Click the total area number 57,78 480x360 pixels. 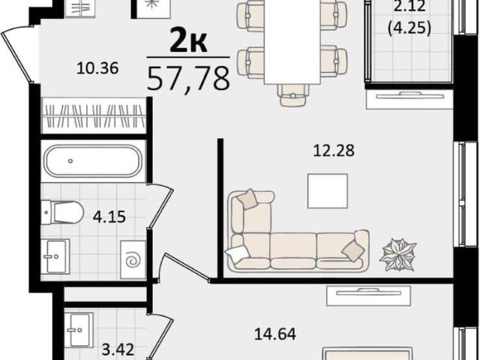[x=188, y=78]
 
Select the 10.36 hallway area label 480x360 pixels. [x=97, y=68]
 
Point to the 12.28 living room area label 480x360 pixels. [x=334, y=151]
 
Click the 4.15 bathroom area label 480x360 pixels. [x=109, y=217]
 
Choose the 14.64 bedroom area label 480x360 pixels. [x=275, y=334]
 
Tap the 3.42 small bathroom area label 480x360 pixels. [x=118, y=349]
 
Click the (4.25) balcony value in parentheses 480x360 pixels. [x=409, y=28]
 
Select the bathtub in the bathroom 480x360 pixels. [x=93, y=161]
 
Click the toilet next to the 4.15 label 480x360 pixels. [x=62, y=211]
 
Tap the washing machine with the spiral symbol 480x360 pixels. [x=133, y=259]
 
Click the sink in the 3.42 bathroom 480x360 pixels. [x=79, y=330]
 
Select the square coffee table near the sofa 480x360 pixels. [x=328, y=191]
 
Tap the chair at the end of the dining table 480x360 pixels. [x=293, y=95]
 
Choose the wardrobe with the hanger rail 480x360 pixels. [x=94, y=115]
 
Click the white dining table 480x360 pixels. [x=292, y=42]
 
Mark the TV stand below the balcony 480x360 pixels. [x=409, y=100]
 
